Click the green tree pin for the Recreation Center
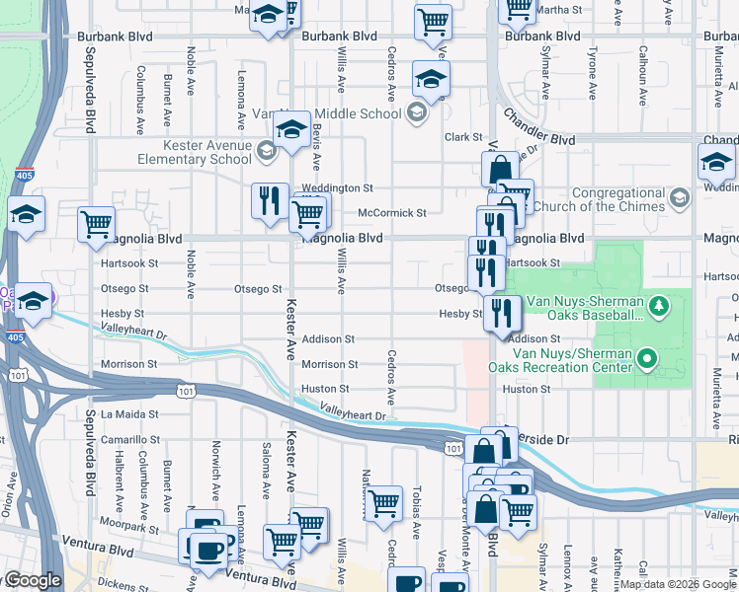click(x=647, y=358)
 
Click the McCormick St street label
click(x=391, y=212)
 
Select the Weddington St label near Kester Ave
click(x=337, y=187)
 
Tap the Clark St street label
click(x=462, y=137)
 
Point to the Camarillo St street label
click(x=128, y=439)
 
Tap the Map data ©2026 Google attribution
click(x=677, y=584)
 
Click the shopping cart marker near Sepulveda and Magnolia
click(x=96, y=224)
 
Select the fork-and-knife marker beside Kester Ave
click(x=269, y=202)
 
